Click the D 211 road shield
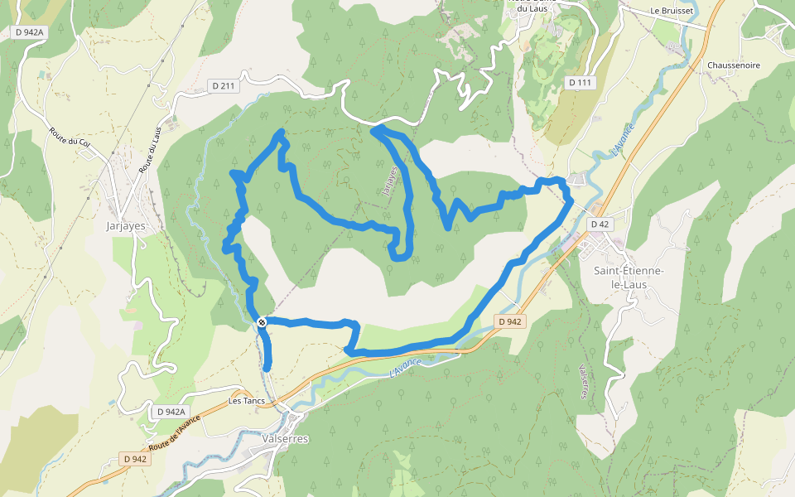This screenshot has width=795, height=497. (x=224, y=85)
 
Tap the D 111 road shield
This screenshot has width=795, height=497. (x=581, y=83)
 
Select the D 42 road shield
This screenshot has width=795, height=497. (x=600, y=224)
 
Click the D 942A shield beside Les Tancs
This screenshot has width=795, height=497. (x=170, y=412)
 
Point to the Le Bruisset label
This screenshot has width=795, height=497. (x=669, y=11)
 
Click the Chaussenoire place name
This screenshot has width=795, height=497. (x=734, y=65)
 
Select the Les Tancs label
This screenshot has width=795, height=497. (x=246, y=401)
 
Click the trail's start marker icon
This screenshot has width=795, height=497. (x=262, y=321)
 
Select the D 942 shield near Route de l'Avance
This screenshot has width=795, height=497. (x=134, y=459)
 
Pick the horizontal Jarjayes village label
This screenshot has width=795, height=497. (x=126, y=225)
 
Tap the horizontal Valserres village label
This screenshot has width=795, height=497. (x=284, y=438)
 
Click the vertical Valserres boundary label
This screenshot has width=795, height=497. (x=584, y=380)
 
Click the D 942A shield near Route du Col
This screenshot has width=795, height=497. (x=29, y=31)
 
